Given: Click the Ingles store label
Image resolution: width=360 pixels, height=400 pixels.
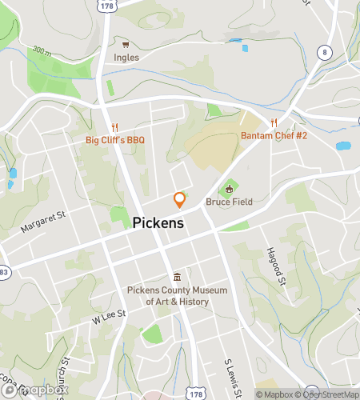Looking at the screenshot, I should (126, 58).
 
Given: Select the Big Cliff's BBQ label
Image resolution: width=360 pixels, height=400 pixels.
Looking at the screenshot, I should (115, 141).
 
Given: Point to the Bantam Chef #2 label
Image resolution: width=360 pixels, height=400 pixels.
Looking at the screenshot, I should (274, 135).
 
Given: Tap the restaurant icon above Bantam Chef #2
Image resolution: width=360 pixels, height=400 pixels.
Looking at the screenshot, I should (274, 122).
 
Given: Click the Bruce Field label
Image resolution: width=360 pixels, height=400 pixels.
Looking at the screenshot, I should (229, 202).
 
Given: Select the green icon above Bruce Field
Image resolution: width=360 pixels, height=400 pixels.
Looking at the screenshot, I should (230, 189).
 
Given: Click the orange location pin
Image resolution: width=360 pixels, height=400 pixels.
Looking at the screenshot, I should (179, 200).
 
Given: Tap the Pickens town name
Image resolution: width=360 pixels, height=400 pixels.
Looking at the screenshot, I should (158, 224).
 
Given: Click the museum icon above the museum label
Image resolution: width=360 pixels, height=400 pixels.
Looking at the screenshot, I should (178, 277).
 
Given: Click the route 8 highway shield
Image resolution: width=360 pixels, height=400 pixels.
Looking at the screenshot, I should (324, 52).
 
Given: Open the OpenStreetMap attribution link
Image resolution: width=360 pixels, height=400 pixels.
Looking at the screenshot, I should (328, 394).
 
